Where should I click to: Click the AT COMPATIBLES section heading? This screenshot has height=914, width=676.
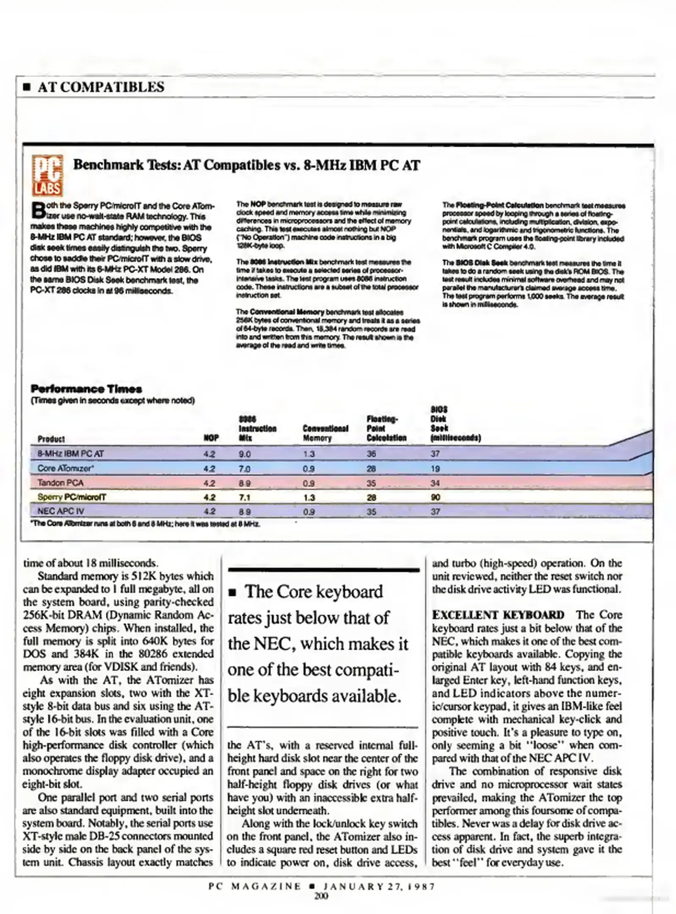pyautogui.click(x=101, y=87)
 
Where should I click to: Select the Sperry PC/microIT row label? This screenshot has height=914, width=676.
pyautogui.click(x=72, y=497)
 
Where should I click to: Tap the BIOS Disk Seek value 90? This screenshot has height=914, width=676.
pyautogui.click(x=435, y=497)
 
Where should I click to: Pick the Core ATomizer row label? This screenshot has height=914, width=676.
pyautogui.click(x=66, y=468)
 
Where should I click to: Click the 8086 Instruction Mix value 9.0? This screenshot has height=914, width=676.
pyautogui.click(x=245, y=454)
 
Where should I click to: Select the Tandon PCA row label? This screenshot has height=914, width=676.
pyautogui.click(x=60, y=483)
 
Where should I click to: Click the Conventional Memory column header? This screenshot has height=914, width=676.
pyautogui.click(x=325, y=433)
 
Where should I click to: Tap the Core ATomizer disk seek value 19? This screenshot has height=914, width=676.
pyautogui.click(x=435, y=468)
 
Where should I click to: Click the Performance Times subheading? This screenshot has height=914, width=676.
pyautogui.click(x=86, y=389)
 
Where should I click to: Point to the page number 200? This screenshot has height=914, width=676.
pyautogui.click(x=321, y=896)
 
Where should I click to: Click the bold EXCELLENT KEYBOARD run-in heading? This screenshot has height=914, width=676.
pyautogui.click(x=498, y=615)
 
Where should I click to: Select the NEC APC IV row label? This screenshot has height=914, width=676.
pyautogui.click(x=61, y=511)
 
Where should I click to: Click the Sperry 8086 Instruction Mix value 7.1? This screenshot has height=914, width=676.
pyautogui.click(x=245, y=497)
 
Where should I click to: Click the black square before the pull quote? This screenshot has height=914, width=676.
pyautogui.click(x=232, y=594)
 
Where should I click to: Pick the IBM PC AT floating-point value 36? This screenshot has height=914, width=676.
pyautogui.click(x=371, y=454)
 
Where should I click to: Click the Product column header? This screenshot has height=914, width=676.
pyautogui.click(x=51, y=439)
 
